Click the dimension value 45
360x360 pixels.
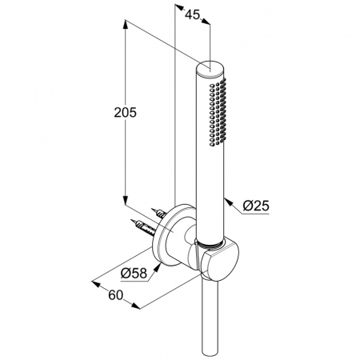coord(192,14)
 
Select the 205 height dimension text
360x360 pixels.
coord(125,112)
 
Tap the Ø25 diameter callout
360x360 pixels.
coord(256,206)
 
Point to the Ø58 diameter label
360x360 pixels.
coord(134,273)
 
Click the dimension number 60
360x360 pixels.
coord(116,295)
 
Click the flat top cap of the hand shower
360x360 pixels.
coord(210,70)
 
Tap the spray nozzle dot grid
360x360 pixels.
coord(218,112)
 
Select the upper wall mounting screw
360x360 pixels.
coord(159,213)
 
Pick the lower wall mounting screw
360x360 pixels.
coord(142,227)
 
